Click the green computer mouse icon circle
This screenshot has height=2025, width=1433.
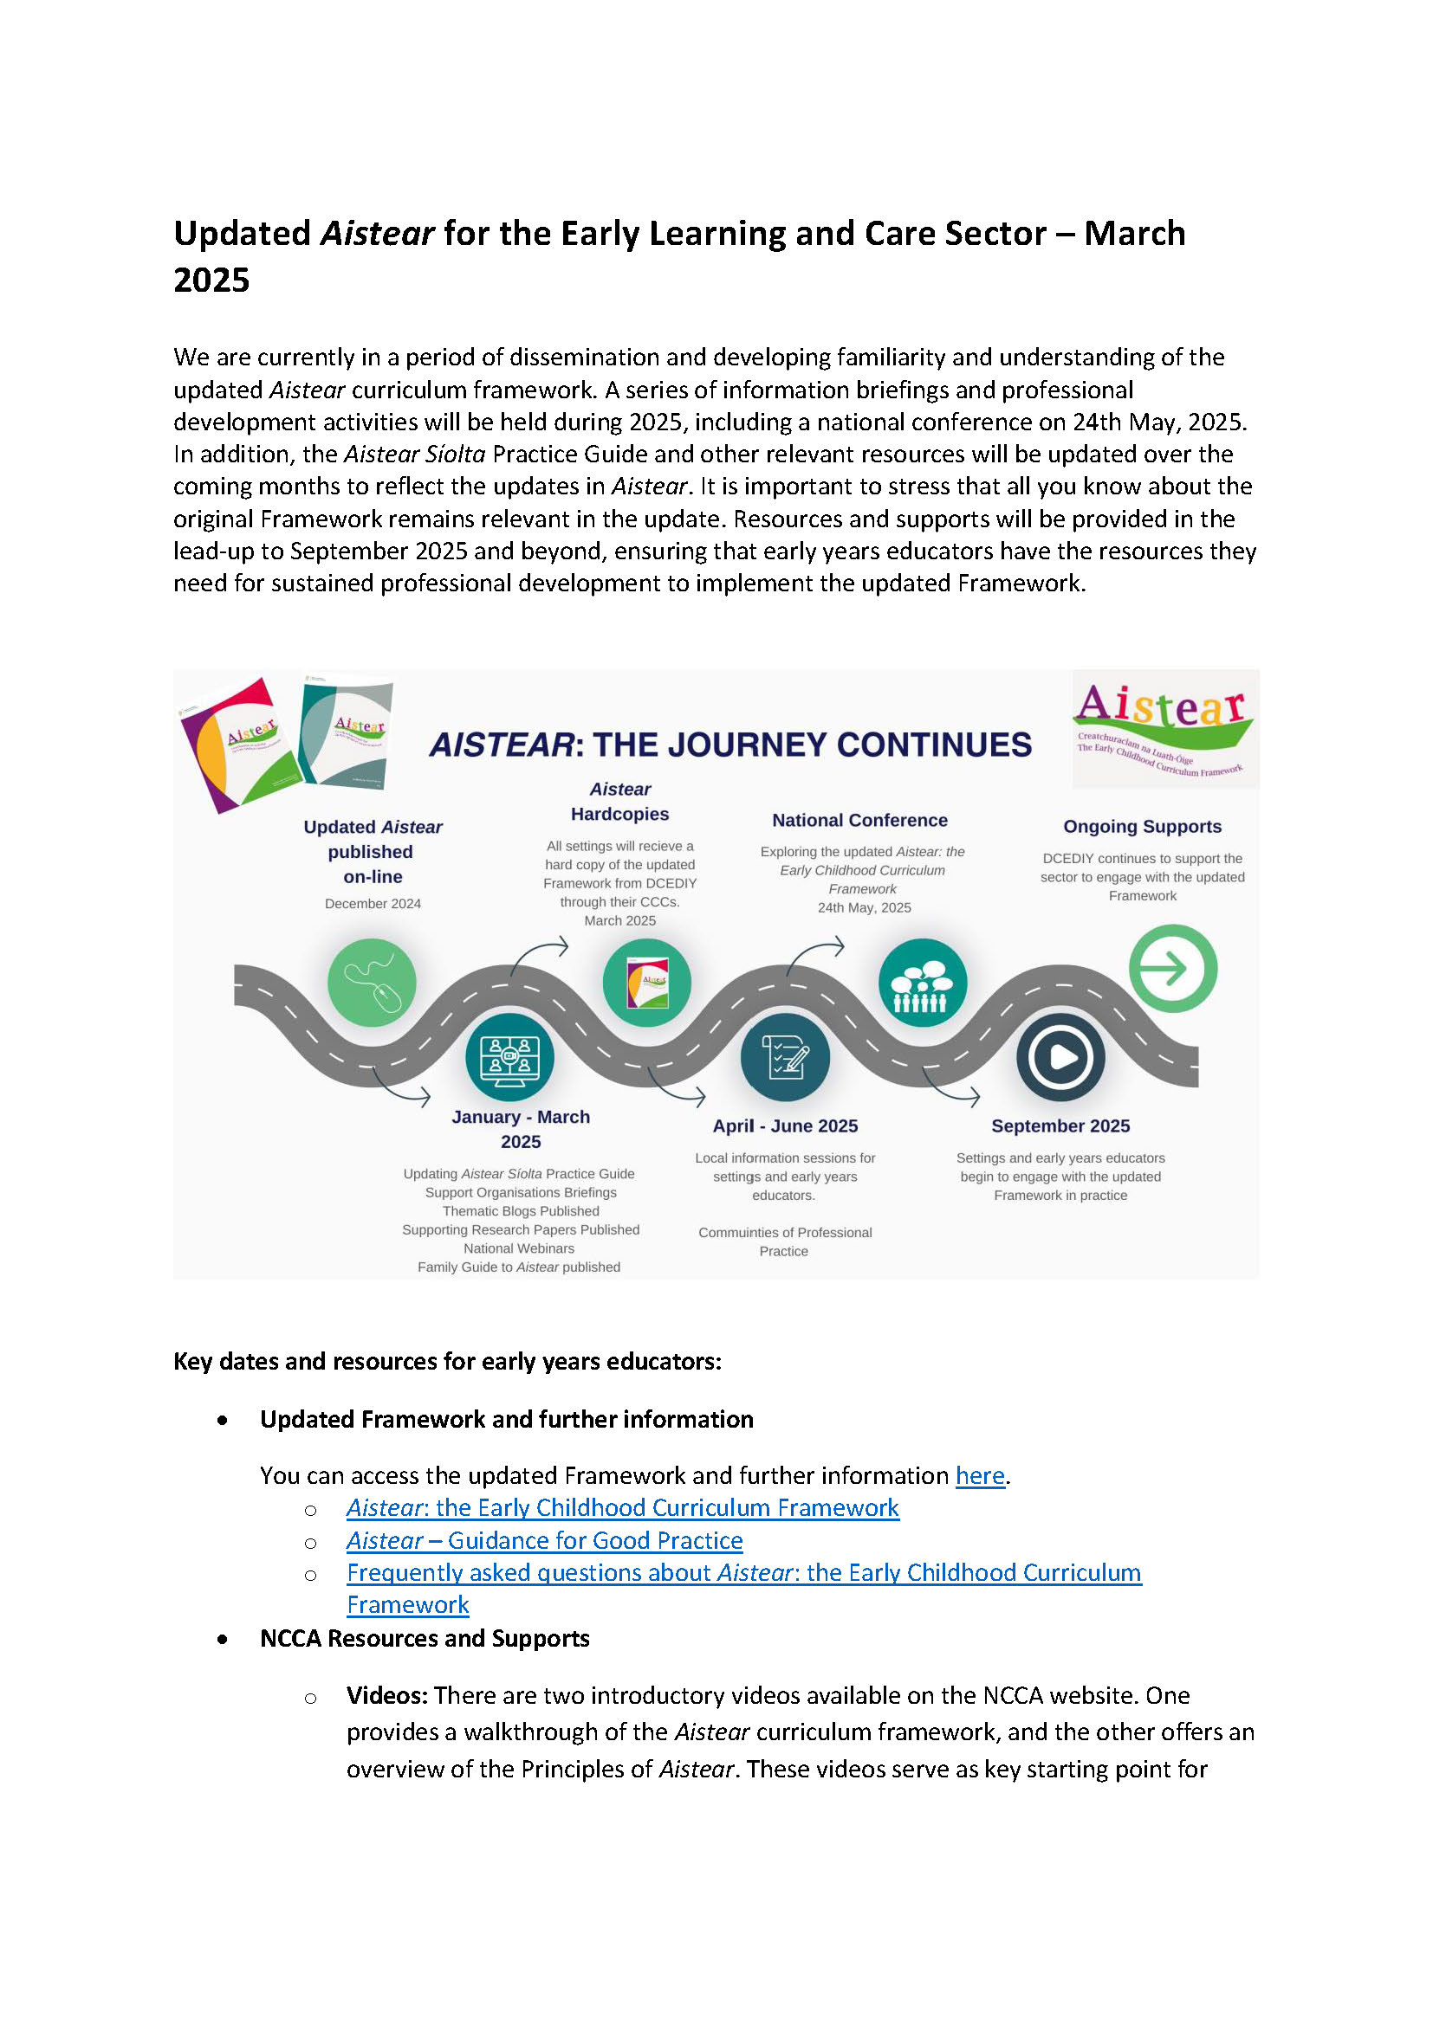(x=372, y=983)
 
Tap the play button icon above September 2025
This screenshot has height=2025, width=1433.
(x=1060, y=1057)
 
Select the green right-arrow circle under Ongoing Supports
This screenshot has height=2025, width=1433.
(x=1173, y=969)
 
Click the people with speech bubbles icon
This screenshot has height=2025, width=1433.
(x=922, y=983)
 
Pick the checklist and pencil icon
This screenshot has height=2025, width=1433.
(x=784, y=1057)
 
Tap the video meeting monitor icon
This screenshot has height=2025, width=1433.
(x=509, y=1057)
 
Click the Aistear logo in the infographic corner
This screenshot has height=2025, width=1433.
(x=1164, y=729)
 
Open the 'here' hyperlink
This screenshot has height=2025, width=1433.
(x=980, y=1475)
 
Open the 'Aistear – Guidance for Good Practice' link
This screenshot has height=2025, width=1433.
(x=544, y=1540)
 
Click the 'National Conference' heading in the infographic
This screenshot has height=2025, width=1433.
(x=859, y=820)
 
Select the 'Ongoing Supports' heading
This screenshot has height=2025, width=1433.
(x=1142, y=827)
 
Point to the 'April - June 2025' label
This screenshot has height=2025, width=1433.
(x=785, y=1125)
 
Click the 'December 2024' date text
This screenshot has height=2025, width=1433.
(x=373, y=903)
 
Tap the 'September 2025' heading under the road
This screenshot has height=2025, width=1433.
(x=1060, y=1125)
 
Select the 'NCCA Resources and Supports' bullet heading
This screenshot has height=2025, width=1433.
(x=425, y=1638)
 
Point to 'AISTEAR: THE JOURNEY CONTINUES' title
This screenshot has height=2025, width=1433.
(x=730, y=745)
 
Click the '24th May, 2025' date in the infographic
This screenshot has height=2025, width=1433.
(x=864, y=907)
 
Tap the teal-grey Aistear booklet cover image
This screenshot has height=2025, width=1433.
(x=346, y=732)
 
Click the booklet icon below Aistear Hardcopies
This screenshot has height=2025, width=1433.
(x=647, y=983)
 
